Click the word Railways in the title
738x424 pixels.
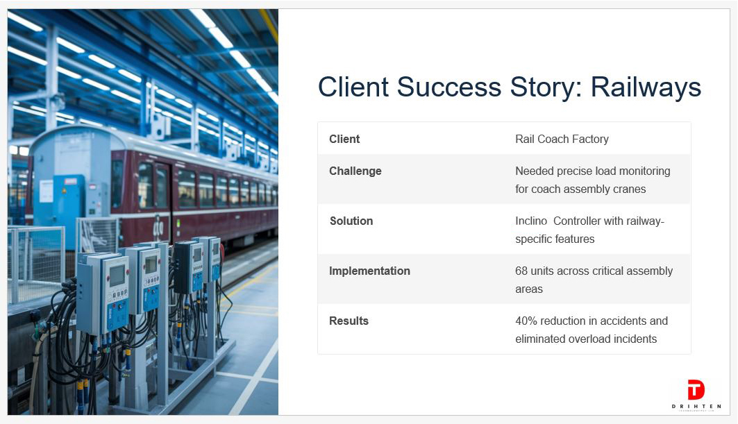pos(646,87)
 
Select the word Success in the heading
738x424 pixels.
pos(449,87)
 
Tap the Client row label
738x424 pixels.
pos(344,139)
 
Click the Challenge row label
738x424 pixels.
pos(355,171)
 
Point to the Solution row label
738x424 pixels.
pos(351,221)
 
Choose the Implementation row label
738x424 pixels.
pos(369,271)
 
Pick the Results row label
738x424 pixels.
pos(349,321)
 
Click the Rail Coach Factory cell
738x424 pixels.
pos(562,139)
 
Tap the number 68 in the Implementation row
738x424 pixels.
pos(521,271)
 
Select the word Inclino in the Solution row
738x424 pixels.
pos(531,221)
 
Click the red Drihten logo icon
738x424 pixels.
pos(696,389)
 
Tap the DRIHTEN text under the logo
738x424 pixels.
pos(696,406)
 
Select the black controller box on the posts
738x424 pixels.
pos(187,266)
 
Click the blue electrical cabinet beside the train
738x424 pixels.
pos(69,206)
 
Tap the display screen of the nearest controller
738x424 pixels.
pos(117,275)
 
